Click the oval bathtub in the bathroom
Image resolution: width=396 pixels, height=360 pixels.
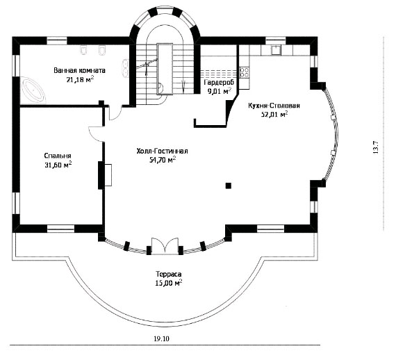33,90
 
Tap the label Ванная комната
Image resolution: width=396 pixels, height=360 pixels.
80,70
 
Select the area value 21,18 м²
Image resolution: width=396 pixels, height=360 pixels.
80,80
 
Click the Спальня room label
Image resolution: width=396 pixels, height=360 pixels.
58,156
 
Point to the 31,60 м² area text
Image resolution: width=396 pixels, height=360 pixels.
58,165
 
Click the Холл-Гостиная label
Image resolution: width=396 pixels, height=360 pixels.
162,151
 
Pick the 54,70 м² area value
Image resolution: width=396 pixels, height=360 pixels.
163,160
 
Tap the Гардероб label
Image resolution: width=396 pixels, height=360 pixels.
220,82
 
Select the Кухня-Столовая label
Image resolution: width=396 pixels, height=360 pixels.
274,106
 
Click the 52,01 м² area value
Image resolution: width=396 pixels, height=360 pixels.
274,115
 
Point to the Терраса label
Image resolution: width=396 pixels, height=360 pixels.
169,274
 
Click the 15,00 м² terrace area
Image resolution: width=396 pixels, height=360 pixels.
169,283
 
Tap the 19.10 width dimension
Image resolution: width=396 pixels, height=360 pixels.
161,338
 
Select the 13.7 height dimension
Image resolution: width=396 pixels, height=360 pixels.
375,147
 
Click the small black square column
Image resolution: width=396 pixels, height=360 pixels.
229,186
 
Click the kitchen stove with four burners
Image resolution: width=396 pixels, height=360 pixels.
245,72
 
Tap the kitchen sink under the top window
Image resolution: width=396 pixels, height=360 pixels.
277,50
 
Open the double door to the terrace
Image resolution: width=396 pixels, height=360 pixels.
165,245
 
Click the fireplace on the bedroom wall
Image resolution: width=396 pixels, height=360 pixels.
105,175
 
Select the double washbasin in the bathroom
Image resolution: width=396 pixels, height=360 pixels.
125,67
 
